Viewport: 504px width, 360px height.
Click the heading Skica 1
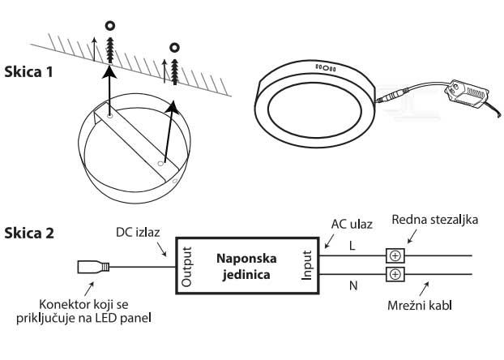pos(29,71)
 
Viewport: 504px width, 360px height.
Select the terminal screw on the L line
pos(395,255)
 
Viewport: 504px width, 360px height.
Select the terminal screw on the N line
pos(395,275)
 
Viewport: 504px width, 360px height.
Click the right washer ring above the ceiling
pos(173,49)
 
